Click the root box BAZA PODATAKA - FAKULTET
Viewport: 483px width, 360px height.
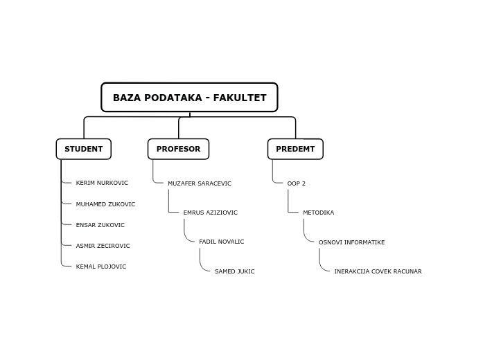[189, 98]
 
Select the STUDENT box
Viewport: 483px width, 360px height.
[83, 149]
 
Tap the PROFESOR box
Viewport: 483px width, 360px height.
[178, 149]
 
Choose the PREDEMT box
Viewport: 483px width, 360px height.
[295, 149]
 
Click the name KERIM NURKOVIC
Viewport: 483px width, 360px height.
[102, 183]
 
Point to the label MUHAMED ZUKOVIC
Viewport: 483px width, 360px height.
[105, 204]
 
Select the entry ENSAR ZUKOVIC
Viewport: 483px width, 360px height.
[100, 225]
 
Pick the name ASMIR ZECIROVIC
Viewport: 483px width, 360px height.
[103, 246]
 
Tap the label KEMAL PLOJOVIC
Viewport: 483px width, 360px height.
[101, 267]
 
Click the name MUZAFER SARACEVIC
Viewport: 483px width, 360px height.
[200, 183]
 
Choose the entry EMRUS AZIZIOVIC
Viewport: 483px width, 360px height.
[210, 213]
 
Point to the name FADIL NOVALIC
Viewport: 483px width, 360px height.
[222, 242]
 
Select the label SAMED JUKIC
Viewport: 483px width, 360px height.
[234, 271]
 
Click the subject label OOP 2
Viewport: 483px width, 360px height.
[297, 183]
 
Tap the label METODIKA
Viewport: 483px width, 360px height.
[318, 213]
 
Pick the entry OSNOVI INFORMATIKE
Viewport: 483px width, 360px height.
[351, 242]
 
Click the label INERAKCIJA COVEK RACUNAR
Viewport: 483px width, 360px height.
[378, 271]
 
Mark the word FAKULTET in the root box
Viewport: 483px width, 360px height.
[240, 98]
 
